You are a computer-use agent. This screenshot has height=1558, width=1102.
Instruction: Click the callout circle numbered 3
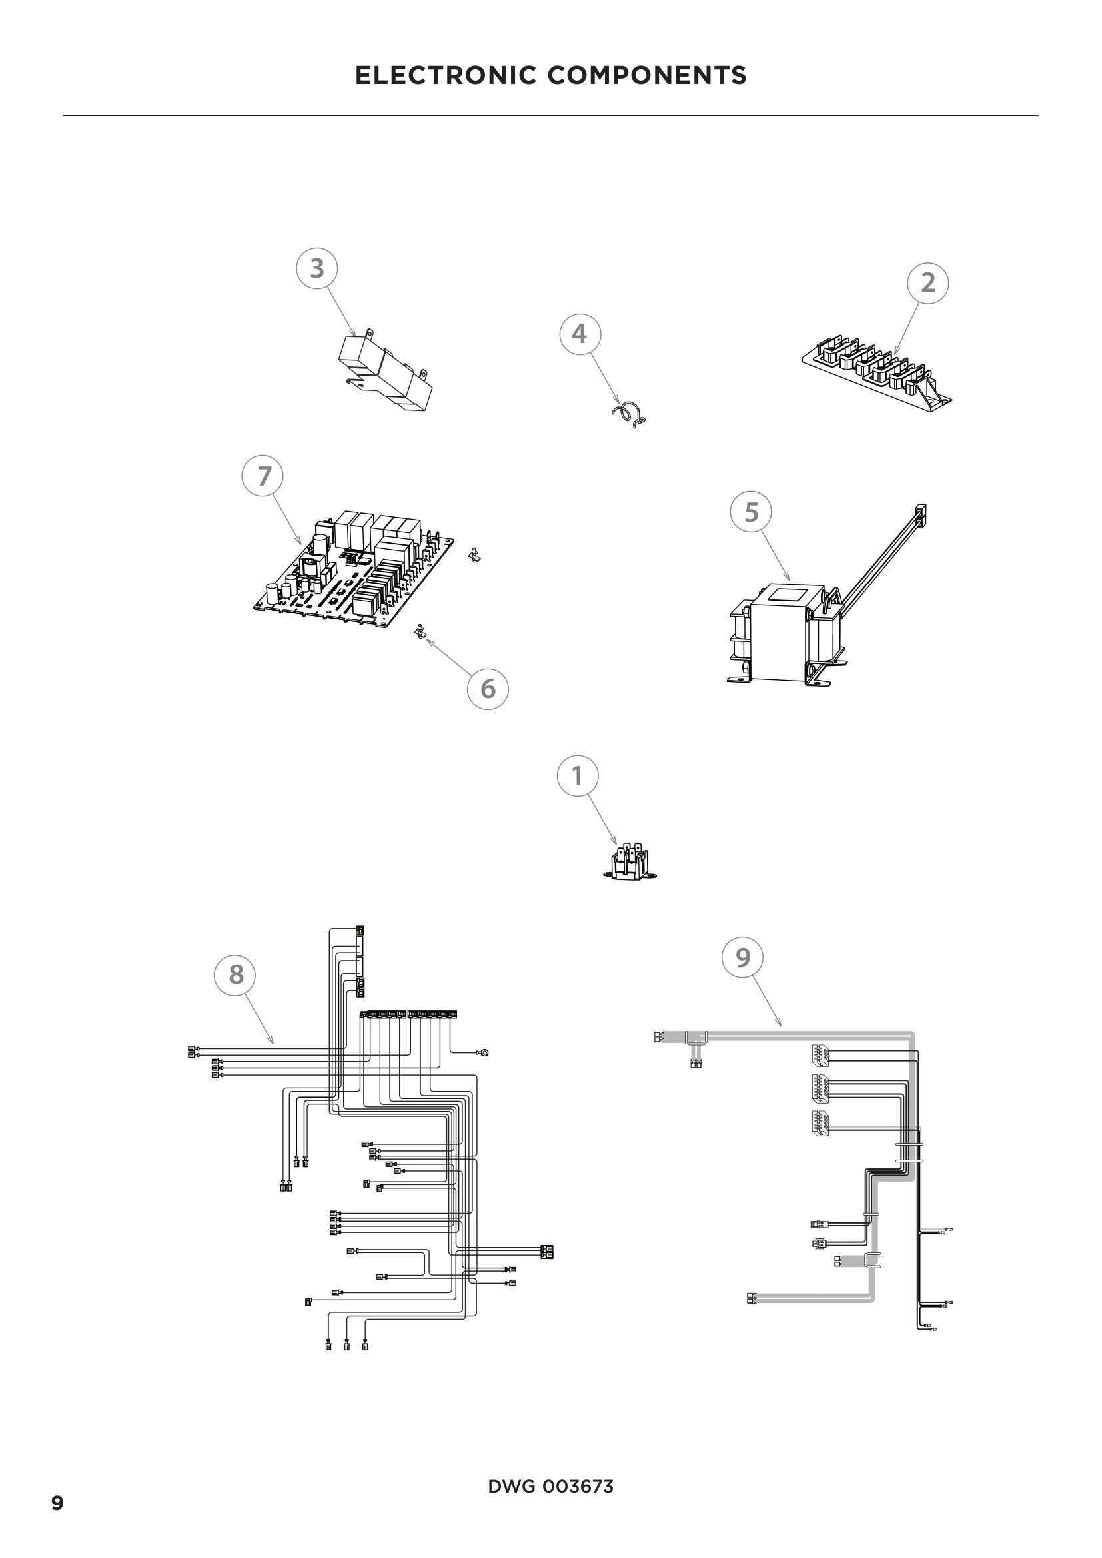point(317,268)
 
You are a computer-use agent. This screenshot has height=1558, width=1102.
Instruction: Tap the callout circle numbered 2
point(927,283)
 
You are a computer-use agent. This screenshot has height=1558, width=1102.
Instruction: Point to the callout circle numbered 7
point(263,476)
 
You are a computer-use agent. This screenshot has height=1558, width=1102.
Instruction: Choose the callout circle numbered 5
point(750,512)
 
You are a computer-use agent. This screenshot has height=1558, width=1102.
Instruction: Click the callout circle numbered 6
point(488,689)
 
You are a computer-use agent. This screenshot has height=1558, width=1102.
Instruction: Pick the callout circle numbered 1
point(578,776)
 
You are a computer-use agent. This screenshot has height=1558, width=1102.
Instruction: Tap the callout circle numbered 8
point(235,975)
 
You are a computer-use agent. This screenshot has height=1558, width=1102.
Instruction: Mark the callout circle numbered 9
point(743,957)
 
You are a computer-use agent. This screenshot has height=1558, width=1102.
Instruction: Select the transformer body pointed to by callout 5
point(787,631)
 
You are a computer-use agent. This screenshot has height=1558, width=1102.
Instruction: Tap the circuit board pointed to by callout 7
point(356,570)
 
